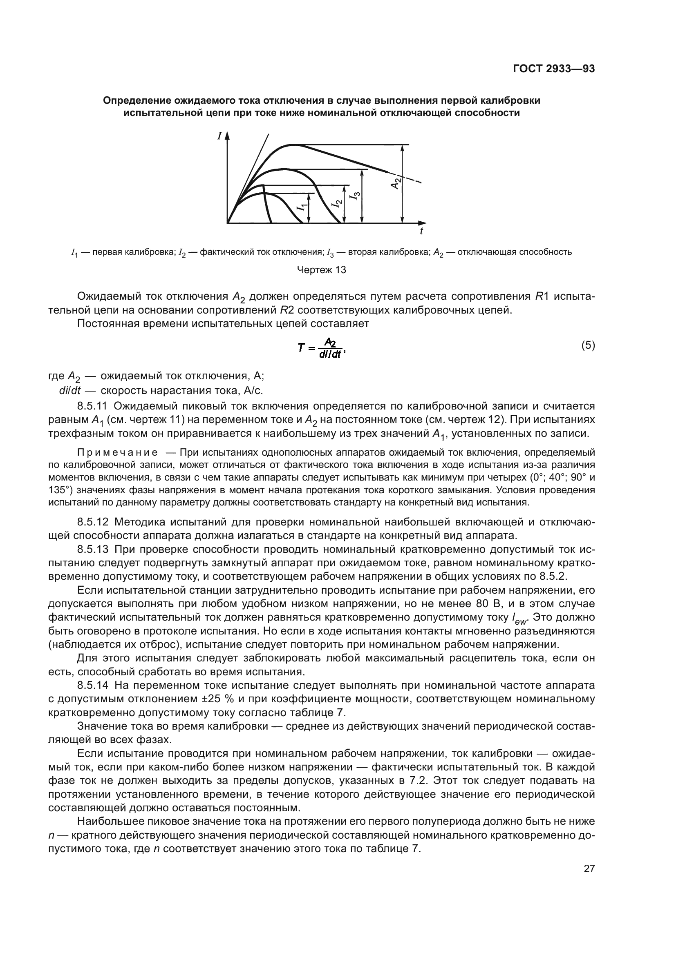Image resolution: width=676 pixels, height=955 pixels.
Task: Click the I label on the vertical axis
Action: [219, 136]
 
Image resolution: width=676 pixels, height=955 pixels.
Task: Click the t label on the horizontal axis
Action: [422, 231]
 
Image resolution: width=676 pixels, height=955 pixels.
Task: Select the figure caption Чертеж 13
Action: [321, 270]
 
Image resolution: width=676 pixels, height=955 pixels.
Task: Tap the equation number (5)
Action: [588, 345]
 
